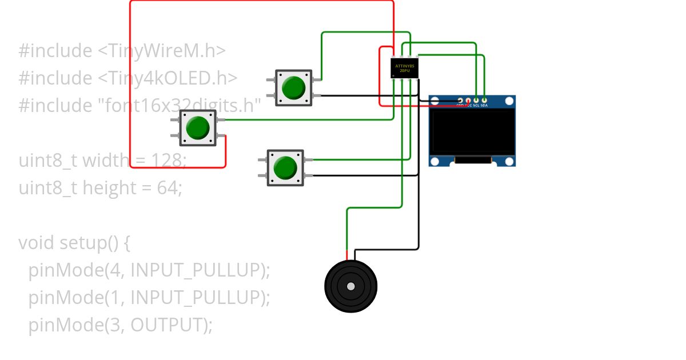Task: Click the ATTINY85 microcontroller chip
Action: tap(405, 68)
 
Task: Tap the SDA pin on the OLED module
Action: tap(484, 101)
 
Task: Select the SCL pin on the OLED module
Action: tap(476, 101)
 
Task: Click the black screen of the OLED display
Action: tap(472, 131)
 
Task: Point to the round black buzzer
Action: tap(350, 286)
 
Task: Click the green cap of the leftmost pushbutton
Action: tap(198, 127)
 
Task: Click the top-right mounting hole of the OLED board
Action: tap(509, 102)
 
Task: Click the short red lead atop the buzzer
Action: tap(346, 255)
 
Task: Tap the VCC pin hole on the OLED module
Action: tap(468, 101)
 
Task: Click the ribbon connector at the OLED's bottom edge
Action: tap(473, 161)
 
